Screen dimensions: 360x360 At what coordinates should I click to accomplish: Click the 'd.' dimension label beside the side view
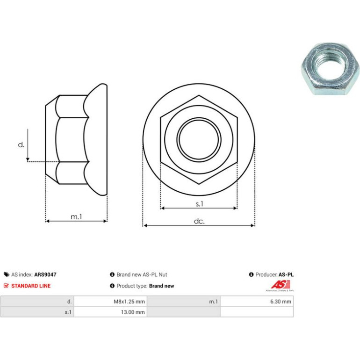coord(21,144)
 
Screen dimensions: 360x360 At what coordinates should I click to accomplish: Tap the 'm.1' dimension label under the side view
coord(76,216)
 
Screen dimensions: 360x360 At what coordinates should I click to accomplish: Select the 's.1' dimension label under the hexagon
coord(200,204)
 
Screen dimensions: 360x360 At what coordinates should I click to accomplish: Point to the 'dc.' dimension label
coord(199,221)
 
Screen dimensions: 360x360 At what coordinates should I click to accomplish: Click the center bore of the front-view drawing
coord(199,139)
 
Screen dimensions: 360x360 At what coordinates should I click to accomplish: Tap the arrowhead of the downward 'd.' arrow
coord(28,159)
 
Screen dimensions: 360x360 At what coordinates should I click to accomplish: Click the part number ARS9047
coord(45,274)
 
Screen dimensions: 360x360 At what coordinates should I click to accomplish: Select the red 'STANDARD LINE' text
coord(31,286)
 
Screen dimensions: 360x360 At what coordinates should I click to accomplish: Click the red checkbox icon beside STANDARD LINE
coord(6,286)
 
